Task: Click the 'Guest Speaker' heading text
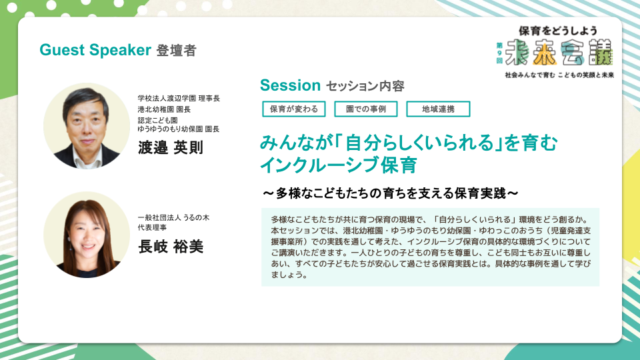click(x=95, y=50)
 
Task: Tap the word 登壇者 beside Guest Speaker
click(x=176, y=51)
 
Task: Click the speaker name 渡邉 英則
click(x=171, y=147)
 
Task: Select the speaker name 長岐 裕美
click(x=171, y=247)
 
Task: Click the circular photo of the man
click(x=87, y=126)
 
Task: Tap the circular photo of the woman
click(x=87, y=235)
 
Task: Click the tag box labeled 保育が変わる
click(x=294, y=109)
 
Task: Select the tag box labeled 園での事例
click(x=366, y=109)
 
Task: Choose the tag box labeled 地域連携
click(x=438, y=109)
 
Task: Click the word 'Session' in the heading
click(x=290, y=85)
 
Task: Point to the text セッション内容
click(x=365, y=86)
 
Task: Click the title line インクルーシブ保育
click(x=339, y=165)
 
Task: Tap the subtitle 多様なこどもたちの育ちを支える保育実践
click(x=391, y=193)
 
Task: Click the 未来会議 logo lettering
click(x=559, y=52)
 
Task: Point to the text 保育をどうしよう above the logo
click(x=558, y=31)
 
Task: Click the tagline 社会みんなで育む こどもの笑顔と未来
click(x=559, y=75)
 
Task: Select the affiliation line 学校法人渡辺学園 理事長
click(x=179, y=99)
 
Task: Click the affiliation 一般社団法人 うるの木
click(x=173, y=217)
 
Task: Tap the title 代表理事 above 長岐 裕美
click(x=152, y=227)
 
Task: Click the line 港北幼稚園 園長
click(x=164, y=109)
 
